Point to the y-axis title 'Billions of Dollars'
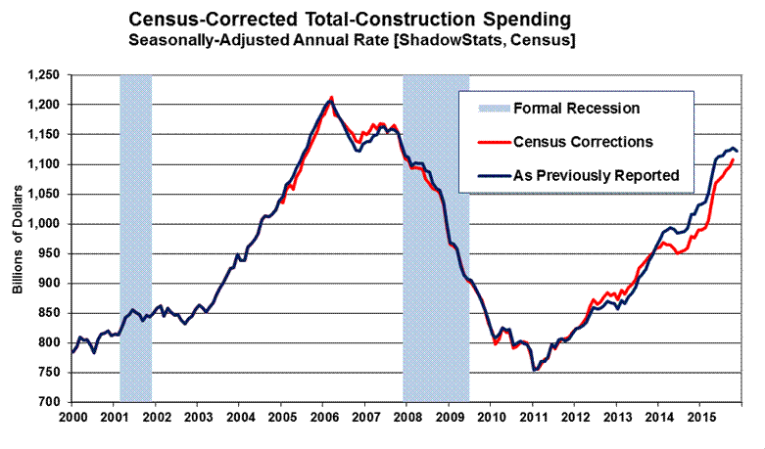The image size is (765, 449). (18, 238)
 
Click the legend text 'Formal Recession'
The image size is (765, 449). (577, 108)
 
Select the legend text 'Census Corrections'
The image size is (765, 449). (583, 142)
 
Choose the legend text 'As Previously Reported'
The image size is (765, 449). (597, 176)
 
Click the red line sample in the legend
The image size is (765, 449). (489, 142)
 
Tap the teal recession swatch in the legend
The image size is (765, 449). (489, 108)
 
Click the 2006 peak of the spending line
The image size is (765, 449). (331, 98)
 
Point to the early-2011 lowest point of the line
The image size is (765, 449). (534, 371)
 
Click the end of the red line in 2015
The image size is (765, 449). (733, 159)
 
